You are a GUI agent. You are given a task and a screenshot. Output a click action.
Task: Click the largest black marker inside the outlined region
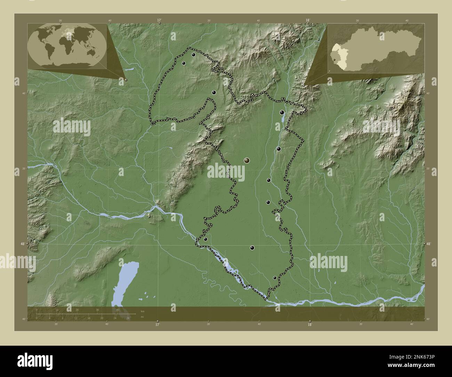[x=247, y=160]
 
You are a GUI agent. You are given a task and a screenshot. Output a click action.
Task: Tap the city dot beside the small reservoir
[x=282, y=112]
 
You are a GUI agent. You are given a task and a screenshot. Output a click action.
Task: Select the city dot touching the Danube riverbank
[x=205, y=239]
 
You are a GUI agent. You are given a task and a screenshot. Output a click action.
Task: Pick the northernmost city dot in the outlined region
[x=193, y=55]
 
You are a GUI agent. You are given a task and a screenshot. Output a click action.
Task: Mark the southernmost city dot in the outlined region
[x=275, y=278]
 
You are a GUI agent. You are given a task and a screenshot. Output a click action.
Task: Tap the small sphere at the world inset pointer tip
[x=126, y=80]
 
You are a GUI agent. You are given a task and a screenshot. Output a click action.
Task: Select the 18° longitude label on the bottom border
[x=310, y=324]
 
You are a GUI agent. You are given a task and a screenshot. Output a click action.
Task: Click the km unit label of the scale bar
[x=142, y=311]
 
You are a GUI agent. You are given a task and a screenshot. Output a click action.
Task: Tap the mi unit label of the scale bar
[x=142, y=317]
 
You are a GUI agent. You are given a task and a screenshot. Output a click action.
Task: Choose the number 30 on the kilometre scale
[x=98, y=310]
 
